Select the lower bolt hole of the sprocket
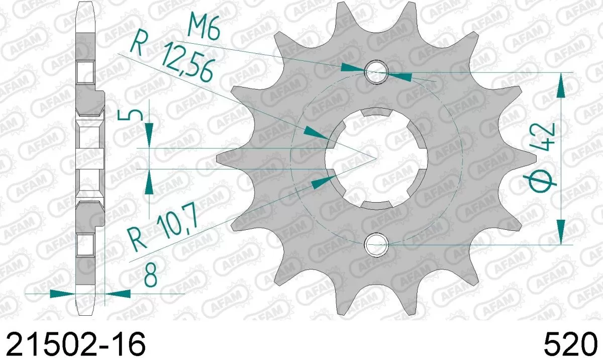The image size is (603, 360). click(376, 245)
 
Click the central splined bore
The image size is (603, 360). click(376, 158)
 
